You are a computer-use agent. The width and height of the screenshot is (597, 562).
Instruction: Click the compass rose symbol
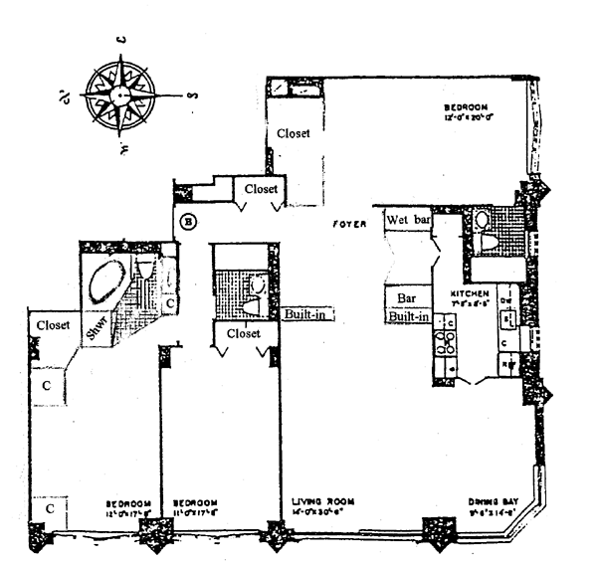point(119,95)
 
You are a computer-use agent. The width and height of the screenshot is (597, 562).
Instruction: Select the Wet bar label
point(406,219)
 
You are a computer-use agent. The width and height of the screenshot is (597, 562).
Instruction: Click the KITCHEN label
point(470,295)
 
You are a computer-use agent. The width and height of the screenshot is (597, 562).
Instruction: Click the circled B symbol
point(190,221)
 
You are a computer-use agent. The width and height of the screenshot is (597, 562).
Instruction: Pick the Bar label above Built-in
point(406,297)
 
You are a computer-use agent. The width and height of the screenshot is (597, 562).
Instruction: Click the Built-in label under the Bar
point(408,316)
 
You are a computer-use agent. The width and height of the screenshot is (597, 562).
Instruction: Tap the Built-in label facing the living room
point(306,314)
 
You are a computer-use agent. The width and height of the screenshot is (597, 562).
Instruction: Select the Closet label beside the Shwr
point(52,324)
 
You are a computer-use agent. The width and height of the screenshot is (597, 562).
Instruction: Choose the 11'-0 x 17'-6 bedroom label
point(195,507)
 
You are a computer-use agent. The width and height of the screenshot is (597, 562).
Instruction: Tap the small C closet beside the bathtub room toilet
point(170,302)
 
